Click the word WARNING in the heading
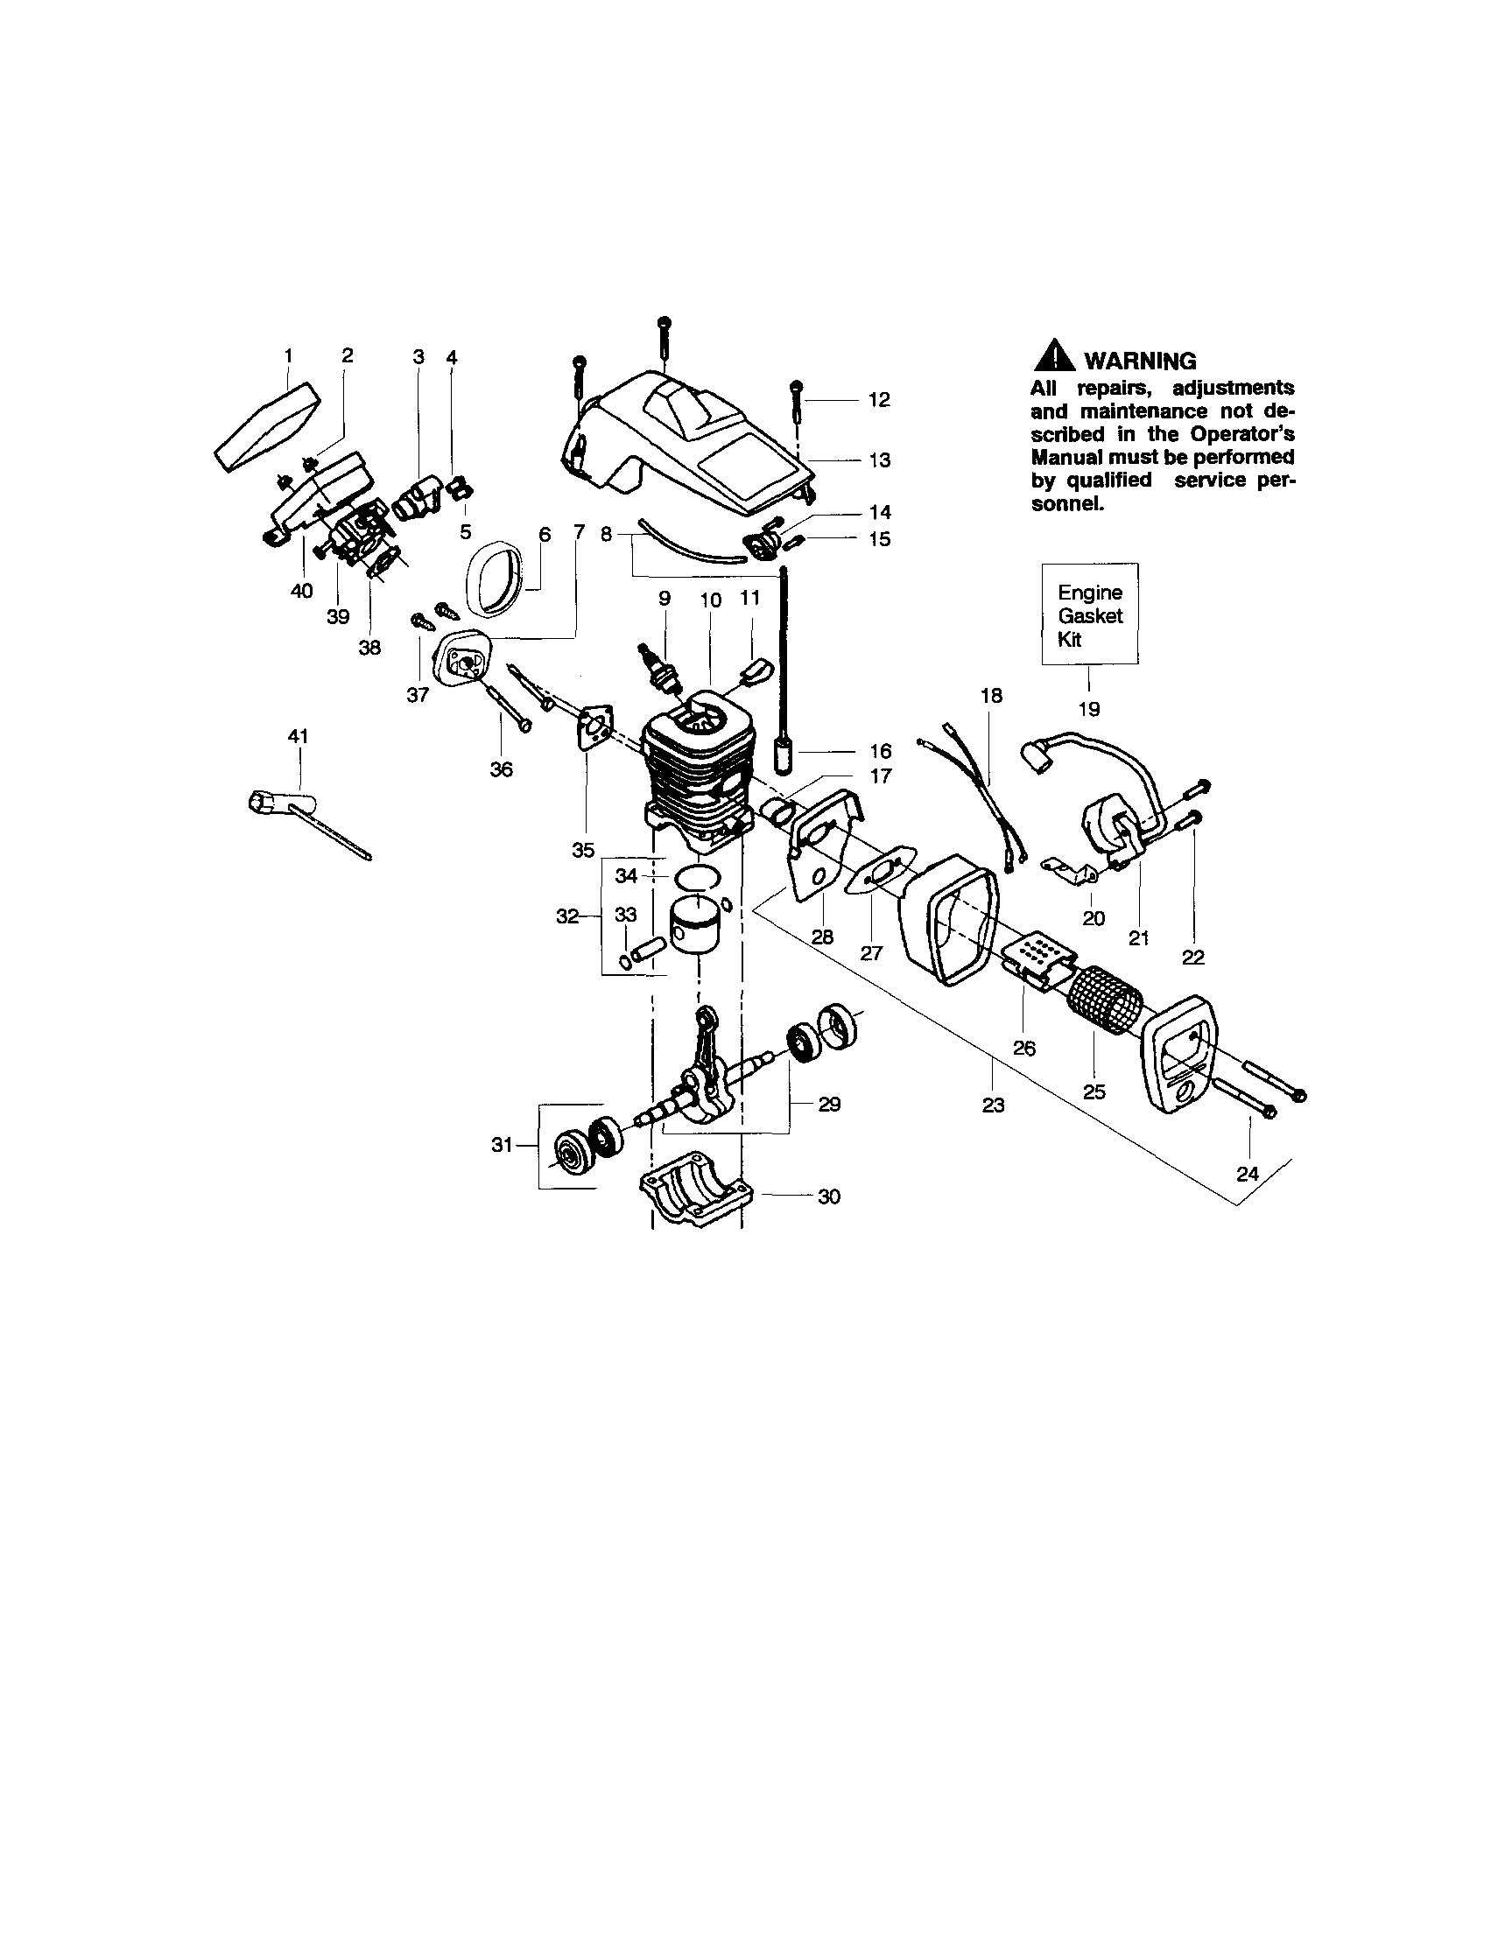point(1140,361)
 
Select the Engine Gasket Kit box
point(1089,614)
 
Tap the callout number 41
point(298,736)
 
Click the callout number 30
point(828,1197)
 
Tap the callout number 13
point(879,460)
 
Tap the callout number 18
point(991,696)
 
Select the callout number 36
point(501,769)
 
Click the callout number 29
point(828,1105)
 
